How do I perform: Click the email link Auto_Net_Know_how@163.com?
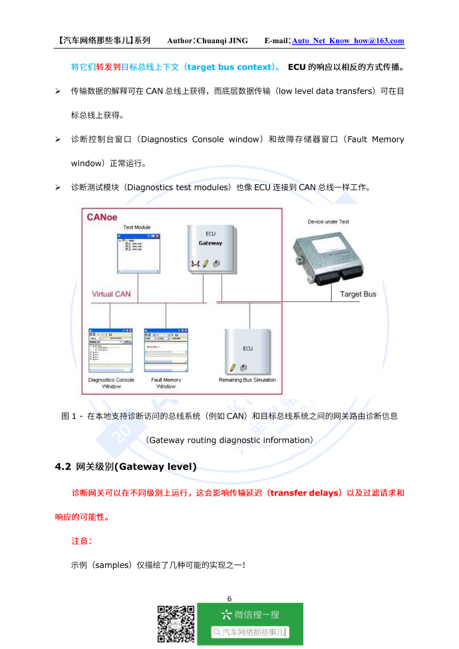[348, 41]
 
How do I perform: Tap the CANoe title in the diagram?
[103, 217]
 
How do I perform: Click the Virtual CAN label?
[111, 294]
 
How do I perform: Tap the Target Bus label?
[358, 294]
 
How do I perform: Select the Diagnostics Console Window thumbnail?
[111, 349]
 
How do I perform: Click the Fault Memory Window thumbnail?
[166, 349]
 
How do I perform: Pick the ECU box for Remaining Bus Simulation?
[247, 351]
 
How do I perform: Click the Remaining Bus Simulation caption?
[247, 380]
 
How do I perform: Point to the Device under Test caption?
[328, 221]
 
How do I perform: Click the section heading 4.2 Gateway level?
[126, 467]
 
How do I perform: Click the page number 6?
[230, 598]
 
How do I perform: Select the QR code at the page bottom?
[176, 624]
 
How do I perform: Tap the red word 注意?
[81, 541]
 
